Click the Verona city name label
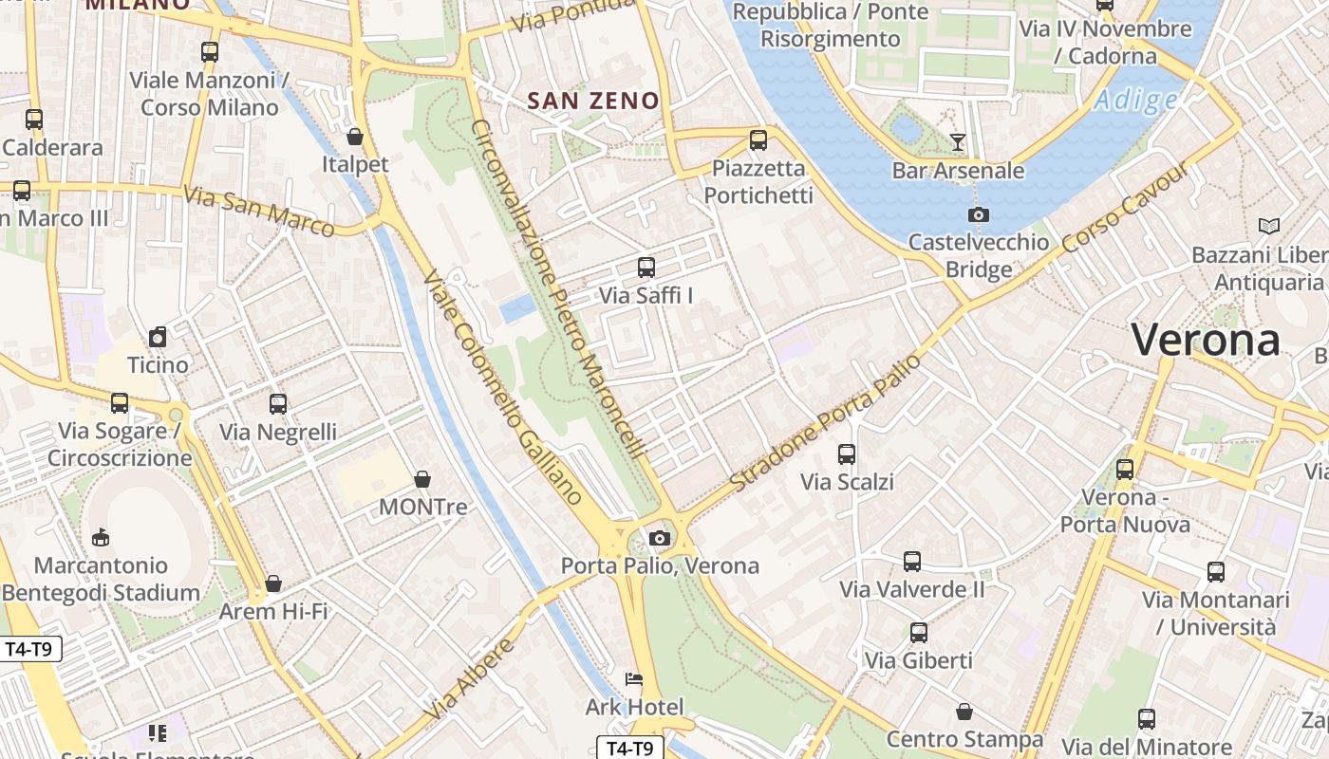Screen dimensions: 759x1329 tap(1206, 340)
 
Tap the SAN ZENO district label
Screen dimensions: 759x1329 tap(593, 101)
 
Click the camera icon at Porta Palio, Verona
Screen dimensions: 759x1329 tap(660, 538)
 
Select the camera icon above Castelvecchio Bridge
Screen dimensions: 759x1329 tap(979, 214)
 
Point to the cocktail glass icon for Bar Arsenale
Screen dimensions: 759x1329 tap(958, 142)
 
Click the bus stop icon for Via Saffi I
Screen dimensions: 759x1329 tap(646, 268)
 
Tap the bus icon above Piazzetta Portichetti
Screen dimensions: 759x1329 tap(758, 140)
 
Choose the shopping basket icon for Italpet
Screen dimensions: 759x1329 tap(355, 137)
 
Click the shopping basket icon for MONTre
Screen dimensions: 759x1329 tap(422, 479)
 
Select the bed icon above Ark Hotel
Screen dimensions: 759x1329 tap(634, 679)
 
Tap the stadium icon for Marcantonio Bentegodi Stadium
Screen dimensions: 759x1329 tap(101, 538)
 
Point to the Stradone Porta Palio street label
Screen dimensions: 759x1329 tap(825, 423)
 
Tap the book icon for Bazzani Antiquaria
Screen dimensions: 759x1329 tap(1268, 226)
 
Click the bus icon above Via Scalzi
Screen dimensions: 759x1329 tap(847, 454)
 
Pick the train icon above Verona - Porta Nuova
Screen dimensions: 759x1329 tap(1125, 469)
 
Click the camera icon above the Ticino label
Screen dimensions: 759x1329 tap(159, 337)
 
